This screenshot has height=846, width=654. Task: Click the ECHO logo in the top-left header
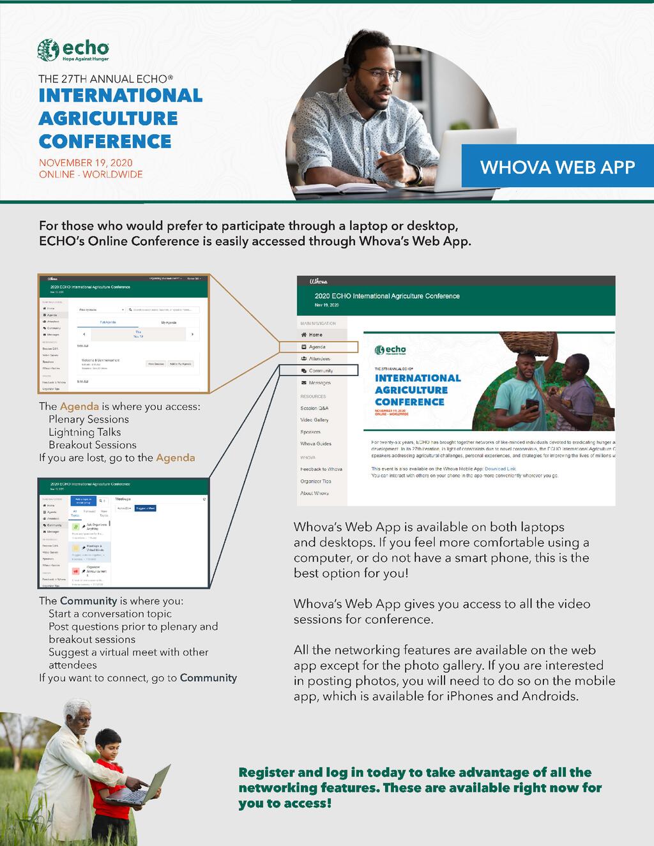click(73, 50)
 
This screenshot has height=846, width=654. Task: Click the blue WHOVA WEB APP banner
click(557, 167)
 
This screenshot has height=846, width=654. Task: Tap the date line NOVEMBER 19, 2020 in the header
click(86, 163)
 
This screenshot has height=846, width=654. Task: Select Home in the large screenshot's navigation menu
click(316, 335)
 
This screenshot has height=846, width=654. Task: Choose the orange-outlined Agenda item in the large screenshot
click(318, 347)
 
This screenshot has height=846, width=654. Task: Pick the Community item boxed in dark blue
click(321, 370)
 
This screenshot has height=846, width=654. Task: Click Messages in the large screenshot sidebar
click(319, 382)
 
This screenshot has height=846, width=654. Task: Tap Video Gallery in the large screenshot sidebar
click(314, 420)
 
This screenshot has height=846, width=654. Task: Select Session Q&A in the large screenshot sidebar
click(314, 408)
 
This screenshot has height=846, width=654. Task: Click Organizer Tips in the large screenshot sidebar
click(316, 481)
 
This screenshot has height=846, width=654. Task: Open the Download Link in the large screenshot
click(500, 469)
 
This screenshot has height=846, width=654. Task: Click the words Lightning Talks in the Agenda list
click(84, 432)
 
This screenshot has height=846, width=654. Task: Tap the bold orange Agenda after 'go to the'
click(176, 458)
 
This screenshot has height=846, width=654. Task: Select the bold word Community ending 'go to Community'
click(208, 678)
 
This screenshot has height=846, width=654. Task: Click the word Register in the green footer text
click(266, 773)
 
